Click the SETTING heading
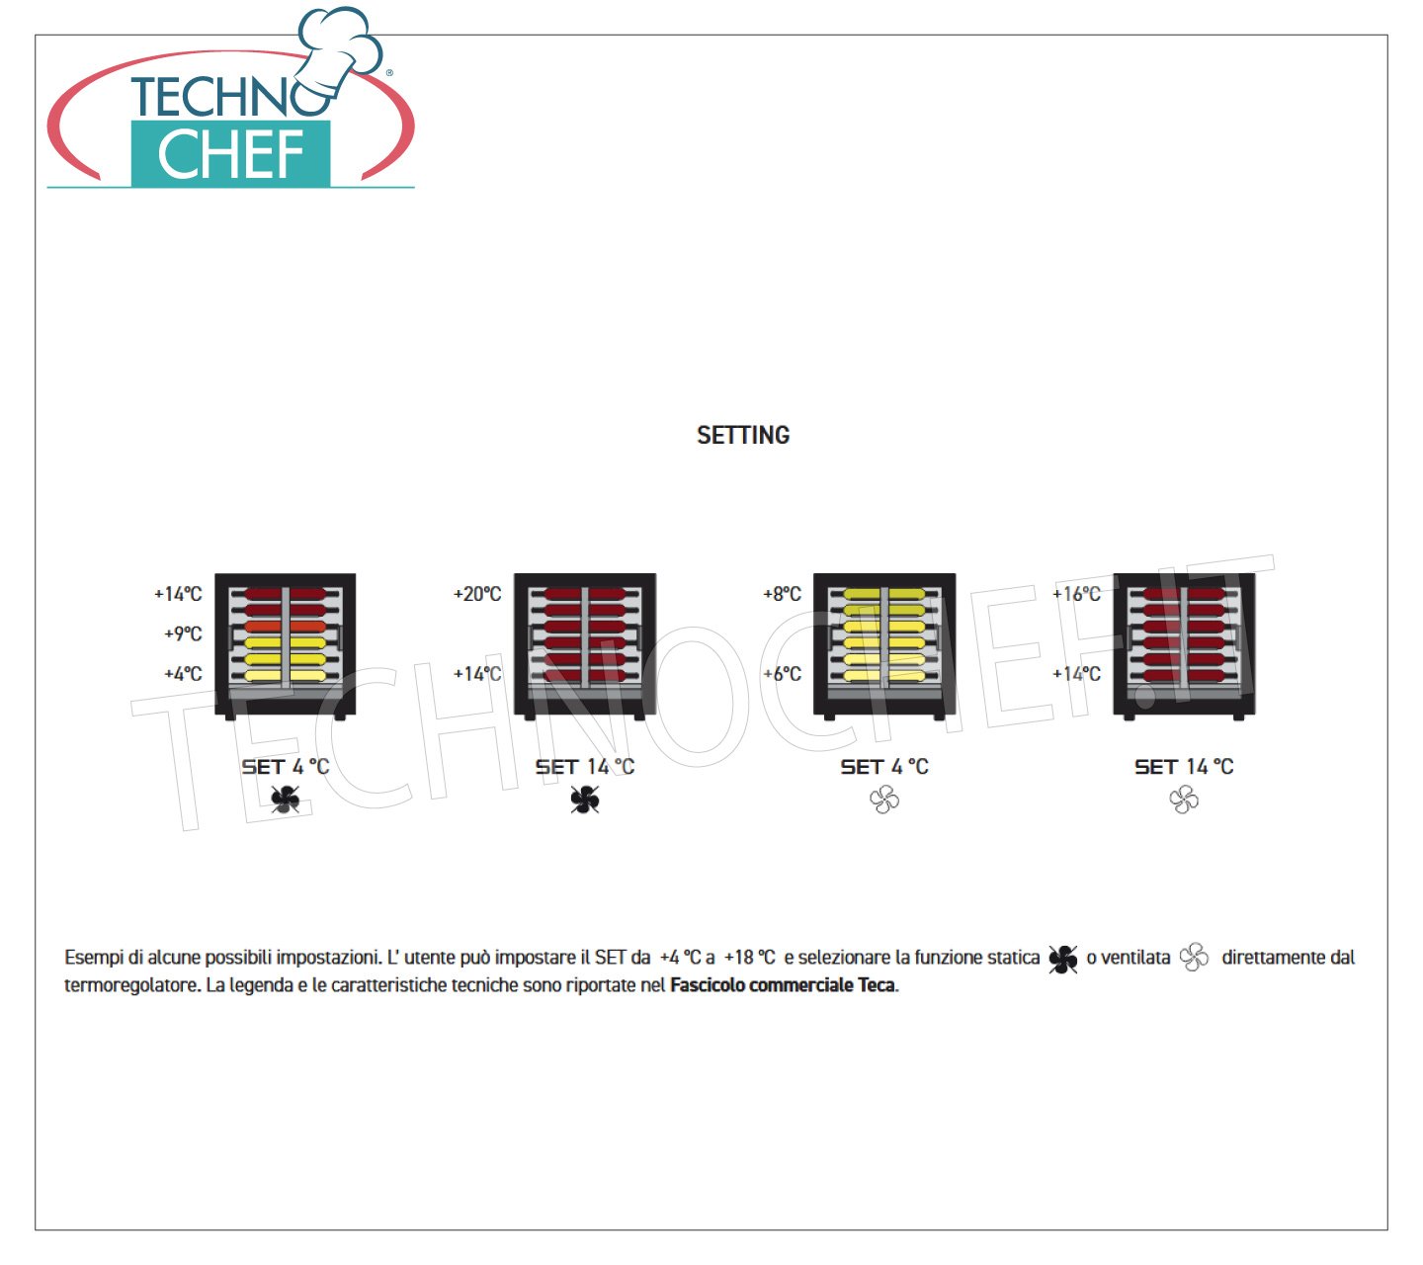(x=742, y=436)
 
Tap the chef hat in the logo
(x=341, y=50)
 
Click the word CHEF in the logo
(x=230, y=154)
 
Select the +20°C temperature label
(x=477, y=594)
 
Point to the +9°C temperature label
(x=183, y=633)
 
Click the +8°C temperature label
(x=782, y=594)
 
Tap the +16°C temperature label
(x=1076, y=594)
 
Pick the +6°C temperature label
(x=782, y=674)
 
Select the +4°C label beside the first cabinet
(x=183, y=674)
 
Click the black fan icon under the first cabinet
(x=286, y=800)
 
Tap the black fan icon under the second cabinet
(x=584, y=800)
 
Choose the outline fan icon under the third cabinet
(x=883, y=800)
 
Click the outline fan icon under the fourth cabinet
(x=1184, y=800)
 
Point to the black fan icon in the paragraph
(x=1062, y=960)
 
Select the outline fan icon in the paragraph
(x=1194, y=958)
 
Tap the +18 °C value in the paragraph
(x=749, y=958)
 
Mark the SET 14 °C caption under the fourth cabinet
(x=1184, y=766)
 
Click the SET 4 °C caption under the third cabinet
(x=884, y=766)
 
